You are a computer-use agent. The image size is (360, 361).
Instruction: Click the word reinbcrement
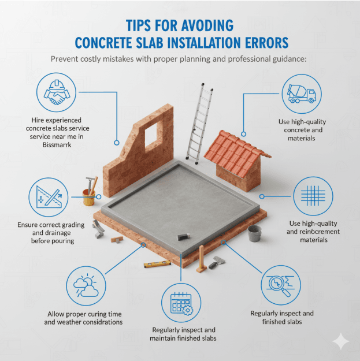(318, 232)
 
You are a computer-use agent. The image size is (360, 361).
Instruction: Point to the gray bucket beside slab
(255, 233)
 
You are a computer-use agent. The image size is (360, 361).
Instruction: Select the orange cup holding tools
(88, 198)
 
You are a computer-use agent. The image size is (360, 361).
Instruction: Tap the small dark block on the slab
(184, 236)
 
